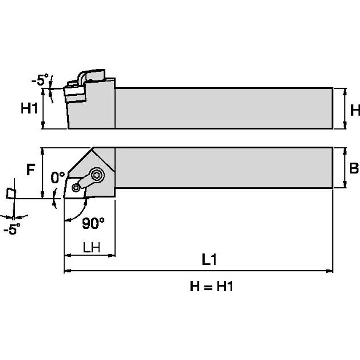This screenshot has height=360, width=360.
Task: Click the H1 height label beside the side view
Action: click(x=30, y=109)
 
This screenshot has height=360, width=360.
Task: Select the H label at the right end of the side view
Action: click(x=355, y=110)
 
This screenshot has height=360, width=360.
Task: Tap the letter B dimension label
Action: click(x=354, y=168)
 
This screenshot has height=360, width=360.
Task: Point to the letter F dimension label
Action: click(x=30, y=169)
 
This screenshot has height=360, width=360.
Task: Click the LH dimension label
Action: click(x=91, y=247)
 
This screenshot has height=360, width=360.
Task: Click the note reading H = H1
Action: click(x=211, y=287)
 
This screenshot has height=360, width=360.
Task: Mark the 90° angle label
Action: click(x=93, y=224)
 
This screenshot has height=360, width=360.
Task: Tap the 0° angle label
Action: click(x=58, y=177)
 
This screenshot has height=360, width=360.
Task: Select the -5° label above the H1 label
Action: click(x=40, y=80)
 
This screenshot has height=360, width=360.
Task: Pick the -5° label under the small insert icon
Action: click(x=11, y=230)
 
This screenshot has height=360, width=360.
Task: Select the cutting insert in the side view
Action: click(x=73, y=94)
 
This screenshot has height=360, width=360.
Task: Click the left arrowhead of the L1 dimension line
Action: click(x=67, y=271)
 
